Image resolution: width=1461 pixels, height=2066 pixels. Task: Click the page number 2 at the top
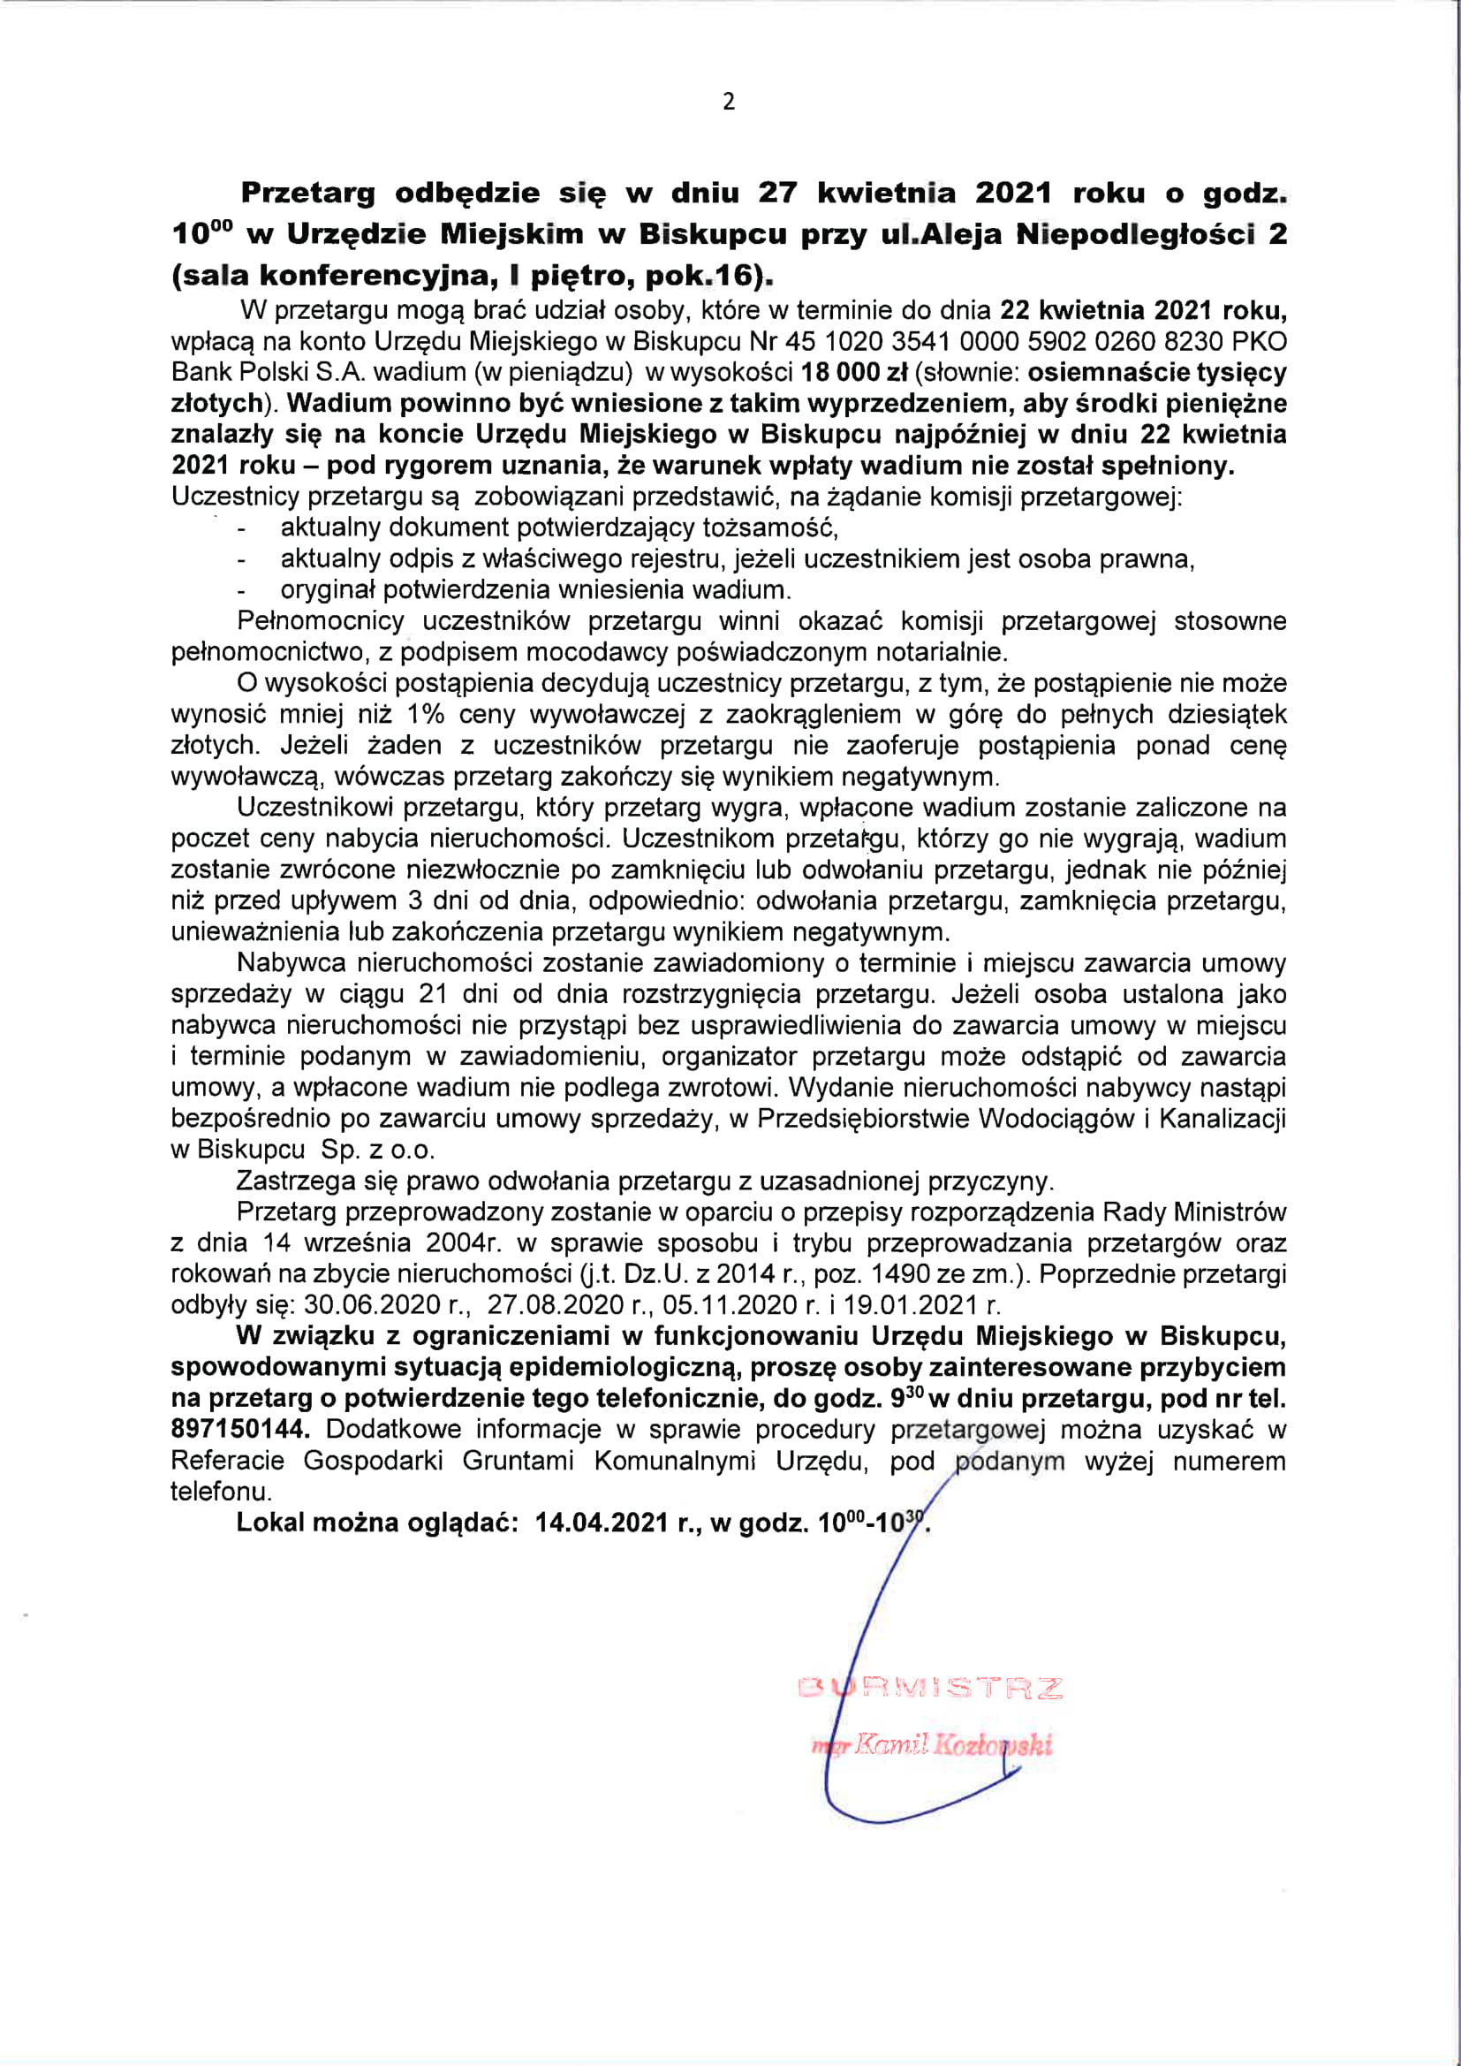click(x=729, y=102)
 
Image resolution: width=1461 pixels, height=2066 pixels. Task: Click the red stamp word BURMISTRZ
click(x=930, y=1687)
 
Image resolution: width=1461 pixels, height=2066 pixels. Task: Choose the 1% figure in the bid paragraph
click(x=425, y=715)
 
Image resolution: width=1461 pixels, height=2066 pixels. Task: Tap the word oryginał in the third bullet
click(x=327, y=590)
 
